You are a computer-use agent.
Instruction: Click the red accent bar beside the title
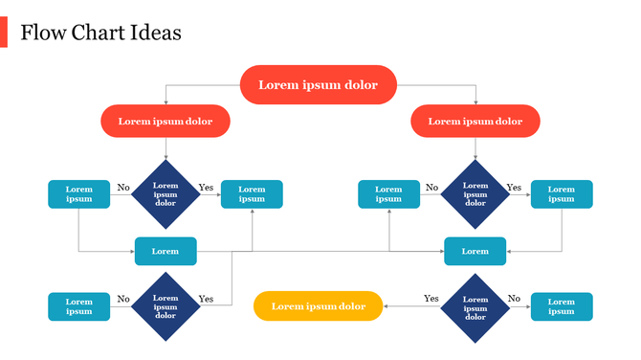[4, 34]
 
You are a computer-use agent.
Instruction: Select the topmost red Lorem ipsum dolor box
[318, 85]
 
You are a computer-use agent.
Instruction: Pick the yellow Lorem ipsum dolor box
[318, 306]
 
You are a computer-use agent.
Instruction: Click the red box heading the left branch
[166, 122]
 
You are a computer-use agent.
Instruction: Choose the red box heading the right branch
[475, 122]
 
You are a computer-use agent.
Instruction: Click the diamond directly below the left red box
[166, 194]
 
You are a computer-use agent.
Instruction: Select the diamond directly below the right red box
[475, 194]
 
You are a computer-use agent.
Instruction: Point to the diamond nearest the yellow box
[475, 306]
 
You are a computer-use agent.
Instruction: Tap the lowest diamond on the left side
[166, 306]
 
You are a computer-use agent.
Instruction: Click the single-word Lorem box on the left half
[166, 251]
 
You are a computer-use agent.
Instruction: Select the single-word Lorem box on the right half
[475, 251]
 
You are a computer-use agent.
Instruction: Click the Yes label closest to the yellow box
[431, 299]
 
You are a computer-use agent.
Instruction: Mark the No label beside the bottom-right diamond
[514, 299]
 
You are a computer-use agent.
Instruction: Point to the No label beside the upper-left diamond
[122, 188]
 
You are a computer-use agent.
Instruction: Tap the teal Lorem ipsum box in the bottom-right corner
[562, 306]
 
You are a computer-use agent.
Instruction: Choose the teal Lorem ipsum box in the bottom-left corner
[79, 306]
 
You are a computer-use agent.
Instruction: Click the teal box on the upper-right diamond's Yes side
[562, 194]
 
